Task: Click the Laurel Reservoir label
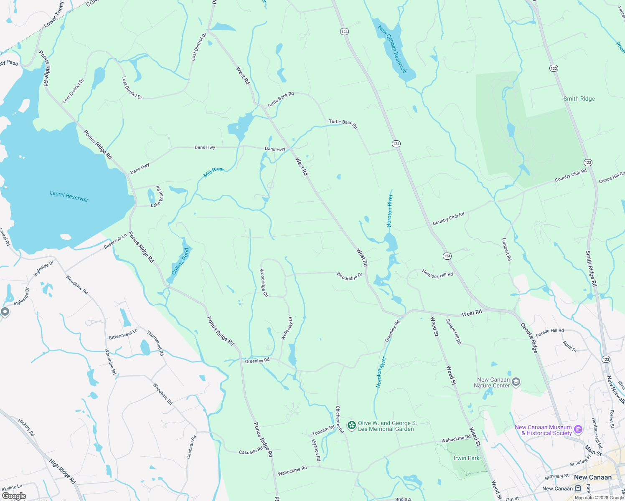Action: tap(69, 196)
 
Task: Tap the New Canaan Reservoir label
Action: tap(392, 49)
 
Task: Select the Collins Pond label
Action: tap(180, 261)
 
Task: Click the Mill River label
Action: tap(214, 172)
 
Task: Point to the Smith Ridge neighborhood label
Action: tap(579, 99)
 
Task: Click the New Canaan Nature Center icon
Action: tap(516, 382)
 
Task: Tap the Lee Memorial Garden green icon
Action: tap(352, 425)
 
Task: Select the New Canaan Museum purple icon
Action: tap(578, 429)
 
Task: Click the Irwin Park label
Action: tap(467, 458)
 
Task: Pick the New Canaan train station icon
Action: tap(578, 488)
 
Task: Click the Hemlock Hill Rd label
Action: tap(437, 274)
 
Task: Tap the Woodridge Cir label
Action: tap(264, 283)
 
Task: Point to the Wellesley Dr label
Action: tap(287, 328)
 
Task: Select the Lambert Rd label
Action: tap(506, 249)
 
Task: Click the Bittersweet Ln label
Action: tap(123, 334)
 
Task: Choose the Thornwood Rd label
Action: tap(155, 343)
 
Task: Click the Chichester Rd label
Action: tap(340, 419)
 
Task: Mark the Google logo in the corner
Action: tap(14, 496)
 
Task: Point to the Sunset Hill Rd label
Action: tap(454, 331)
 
